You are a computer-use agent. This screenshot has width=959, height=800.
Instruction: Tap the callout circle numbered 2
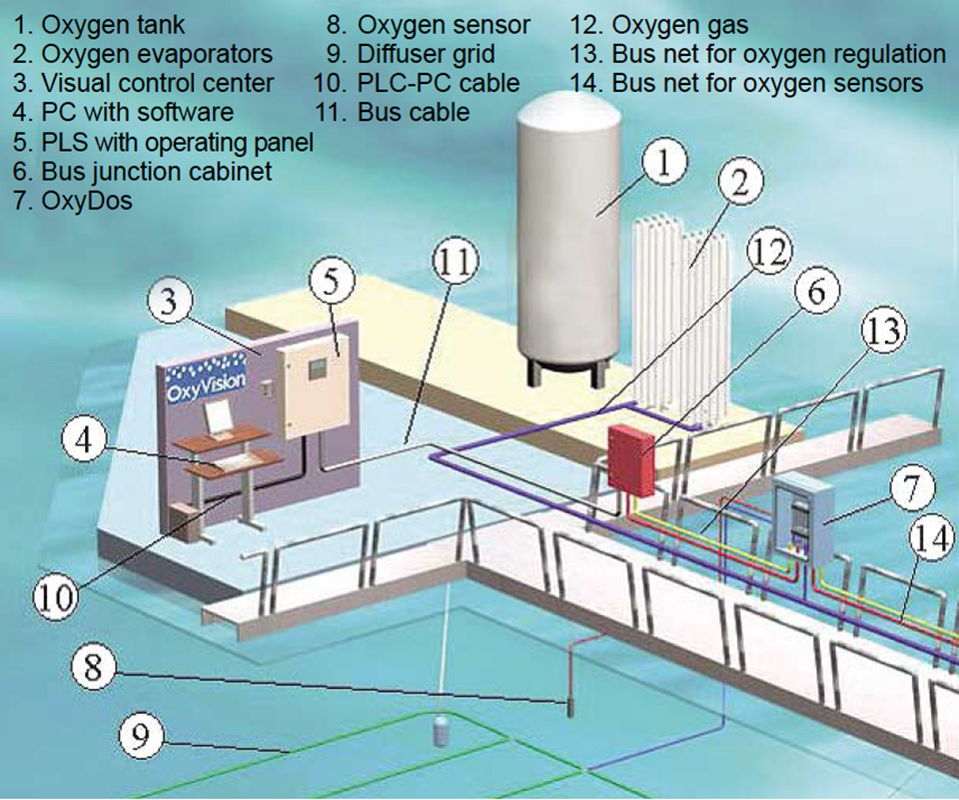click(x=740, y=183)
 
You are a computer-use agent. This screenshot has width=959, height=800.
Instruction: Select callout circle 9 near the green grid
click(x=143, y=736)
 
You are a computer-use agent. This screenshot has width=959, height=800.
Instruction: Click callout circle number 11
click(x=456, y=262)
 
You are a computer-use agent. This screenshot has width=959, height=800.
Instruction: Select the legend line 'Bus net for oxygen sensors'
click(x=766, y=82)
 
